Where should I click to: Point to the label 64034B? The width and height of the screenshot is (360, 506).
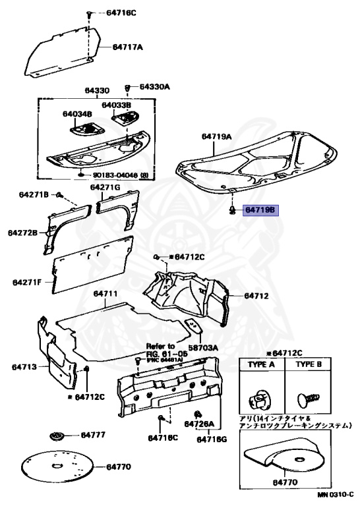[x=77, y=114]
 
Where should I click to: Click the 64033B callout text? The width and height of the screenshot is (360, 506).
[x=117, y=105]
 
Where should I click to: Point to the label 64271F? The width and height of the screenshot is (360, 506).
[x=27, y=283]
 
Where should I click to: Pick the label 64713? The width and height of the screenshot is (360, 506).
[x=24, y=366]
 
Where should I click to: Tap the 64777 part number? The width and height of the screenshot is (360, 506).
[x=93, y=436]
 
